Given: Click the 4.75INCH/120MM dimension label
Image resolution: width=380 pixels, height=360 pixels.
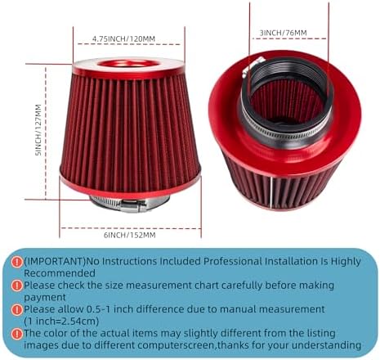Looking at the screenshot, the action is point(123,38).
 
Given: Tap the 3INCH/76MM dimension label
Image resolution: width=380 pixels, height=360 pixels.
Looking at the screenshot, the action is point(283,33).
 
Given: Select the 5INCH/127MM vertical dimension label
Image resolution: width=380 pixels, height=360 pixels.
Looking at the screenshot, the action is point(38,130).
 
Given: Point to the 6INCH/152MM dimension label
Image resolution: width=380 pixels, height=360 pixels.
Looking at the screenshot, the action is point(130,235).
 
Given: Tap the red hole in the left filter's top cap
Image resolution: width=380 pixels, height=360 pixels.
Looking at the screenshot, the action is point(128,64).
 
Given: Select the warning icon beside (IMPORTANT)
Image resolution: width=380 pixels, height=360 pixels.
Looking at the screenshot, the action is point(17,262).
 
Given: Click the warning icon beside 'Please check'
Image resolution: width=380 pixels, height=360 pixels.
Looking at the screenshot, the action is point(17,286).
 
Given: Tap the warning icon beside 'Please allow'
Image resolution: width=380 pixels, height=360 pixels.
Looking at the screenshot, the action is point(17,310).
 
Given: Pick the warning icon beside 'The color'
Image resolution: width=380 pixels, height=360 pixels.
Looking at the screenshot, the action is point(17,334).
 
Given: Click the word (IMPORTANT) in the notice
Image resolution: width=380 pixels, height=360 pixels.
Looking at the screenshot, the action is point(55,261).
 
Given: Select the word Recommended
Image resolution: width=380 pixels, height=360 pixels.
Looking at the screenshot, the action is point(60,273).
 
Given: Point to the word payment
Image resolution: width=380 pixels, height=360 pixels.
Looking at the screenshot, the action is point(45,297).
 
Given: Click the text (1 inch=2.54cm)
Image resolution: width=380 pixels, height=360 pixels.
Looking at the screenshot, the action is point(61,321).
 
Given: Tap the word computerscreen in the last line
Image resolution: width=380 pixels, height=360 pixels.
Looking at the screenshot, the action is point(177,345).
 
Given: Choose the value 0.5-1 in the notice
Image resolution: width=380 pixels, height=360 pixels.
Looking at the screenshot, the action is point(98,309).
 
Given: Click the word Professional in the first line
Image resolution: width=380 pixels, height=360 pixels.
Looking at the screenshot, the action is point(232,261).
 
